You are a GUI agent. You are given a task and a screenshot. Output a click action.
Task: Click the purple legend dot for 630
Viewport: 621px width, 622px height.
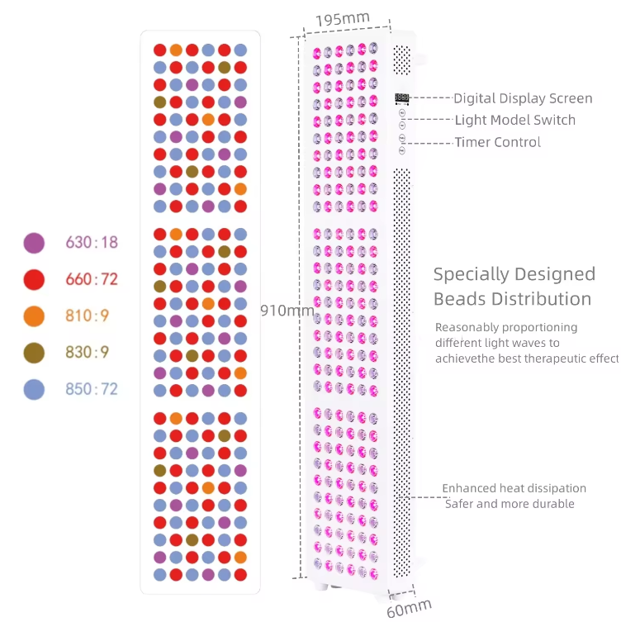pos(34,243)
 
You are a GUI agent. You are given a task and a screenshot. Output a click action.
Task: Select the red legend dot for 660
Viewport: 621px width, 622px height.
pos(34,279)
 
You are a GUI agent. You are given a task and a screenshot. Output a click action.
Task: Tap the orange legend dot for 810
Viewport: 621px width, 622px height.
pos(34,316)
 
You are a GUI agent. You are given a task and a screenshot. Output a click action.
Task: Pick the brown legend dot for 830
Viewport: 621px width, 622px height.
pos(34,353)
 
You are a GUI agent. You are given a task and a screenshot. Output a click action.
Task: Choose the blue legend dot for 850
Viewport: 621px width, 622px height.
pos(34,389)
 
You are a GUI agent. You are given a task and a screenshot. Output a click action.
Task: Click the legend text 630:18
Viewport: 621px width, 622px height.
pos(92,243)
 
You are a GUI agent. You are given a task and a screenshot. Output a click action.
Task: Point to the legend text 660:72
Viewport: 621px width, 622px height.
pos(92,279)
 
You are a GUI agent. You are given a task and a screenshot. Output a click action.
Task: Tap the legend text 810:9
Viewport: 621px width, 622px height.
pos(88,316)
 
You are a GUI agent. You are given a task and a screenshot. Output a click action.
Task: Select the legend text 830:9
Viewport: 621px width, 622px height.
pos(88,353)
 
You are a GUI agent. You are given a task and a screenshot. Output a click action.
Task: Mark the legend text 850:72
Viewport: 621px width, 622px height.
pos(92,389)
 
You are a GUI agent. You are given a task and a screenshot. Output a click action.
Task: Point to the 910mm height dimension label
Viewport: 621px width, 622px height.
pos(287,311)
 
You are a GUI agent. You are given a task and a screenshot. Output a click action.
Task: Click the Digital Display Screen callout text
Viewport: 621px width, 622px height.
pos(523,98)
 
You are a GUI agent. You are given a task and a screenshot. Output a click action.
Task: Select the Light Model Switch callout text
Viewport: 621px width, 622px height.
pos(515,121)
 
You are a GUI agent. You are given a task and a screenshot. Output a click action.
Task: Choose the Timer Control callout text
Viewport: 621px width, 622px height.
pos(498,142)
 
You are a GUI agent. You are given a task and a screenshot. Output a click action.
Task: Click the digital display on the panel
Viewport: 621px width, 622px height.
pos(402,98)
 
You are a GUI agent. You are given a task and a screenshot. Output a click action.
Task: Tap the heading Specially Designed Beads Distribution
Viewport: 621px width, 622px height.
pos(514,286)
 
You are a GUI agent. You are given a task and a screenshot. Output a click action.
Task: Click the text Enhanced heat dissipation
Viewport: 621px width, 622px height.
pos(514,488)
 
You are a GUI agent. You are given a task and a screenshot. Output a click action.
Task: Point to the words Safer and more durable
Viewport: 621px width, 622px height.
pos(510,504)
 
